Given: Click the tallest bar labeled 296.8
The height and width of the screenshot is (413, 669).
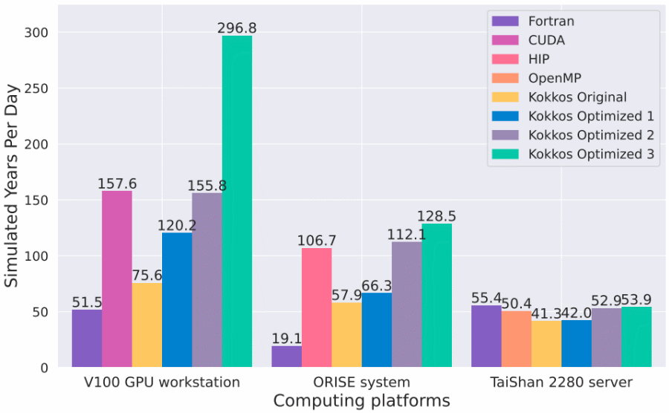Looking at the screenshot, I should point(237,201).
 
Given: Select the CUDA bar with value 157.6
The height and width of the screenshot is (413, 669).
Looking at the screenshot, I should point(117,279).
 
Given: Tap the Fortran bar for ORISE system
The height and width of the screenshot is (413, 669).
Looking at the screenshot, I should point(286,356).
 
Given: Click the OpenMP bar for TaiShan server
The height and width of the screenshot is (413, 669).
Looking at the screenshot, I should point(516,339).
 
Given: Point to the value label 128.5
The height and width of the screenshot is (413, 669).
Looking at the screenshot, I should point(436,216).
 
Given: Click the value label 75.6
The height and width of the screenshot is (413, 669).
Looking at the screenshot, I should point(147,276).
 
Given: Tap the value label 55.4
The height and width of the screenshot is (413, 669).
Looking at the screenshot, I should point(486,298).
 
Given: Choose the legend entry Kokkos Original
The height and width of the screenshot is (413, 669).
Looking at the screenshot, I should point(578,97).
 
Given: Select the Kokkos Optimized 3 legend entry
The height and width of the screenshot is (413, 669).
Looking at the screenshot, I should point(591,155).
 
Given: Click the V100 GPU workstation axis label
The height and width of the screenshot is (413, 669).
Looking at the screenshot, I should point(162,383).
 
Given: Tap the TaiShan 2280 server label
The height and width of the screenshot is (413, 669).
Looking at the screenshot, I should point(561,383).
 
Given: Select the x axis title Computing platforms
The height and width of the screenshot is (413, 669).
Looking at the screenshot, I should point(361,401).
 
